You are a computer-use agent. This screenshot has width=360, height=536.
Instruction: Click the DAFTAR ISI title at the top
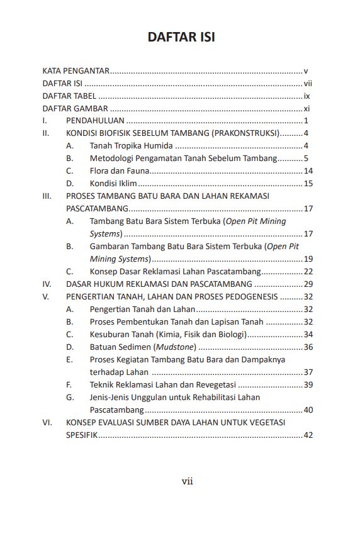coord(181,37)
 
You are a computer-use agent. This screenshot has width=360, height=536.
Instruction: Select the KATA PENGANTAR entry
coord(76,71)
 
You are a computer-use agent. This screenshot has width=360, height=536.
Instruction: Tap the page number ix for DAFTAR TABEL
coord(307,96)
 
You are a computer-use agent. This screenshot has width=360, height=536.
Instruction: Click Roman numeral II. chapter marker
coord(46,133)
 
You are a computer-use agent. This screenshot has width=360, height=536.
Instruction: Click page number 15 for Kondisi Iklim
coord(308,184)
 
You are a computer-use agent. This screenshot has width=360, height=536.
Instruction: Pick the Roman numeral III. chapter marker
coord(47,196)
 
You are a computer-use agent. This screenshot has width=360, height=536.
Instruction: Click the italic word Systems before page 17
coord(105,234)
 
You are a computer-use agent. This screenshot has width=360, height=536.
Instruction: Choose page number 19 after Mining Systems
coord(308,259)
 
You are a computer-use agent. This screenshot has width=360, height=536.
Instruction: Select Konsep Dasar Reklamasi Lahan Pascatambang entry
coord(175,272)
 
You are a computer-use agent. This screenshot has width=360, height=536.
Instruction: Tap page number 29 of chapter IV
coord(308,284)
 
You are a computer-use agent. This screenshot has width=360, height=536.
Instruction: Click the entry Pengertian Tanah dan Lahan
coord(142,310)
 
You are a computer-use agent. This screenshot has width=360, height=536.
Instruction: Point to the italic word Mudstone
coord(177,347)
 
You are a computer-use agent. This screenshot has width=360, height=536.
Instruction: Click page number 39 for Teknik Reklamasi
coord(308,385)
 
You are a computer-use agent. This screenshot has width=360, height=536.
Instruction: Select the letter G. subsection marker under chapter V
coord(69,398)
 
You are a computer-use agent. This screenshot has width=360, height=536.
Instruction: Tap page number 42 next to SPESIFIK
coord(308,435)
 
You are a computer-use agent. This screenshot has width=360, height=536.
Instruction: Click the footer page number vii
coord(187,482)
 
